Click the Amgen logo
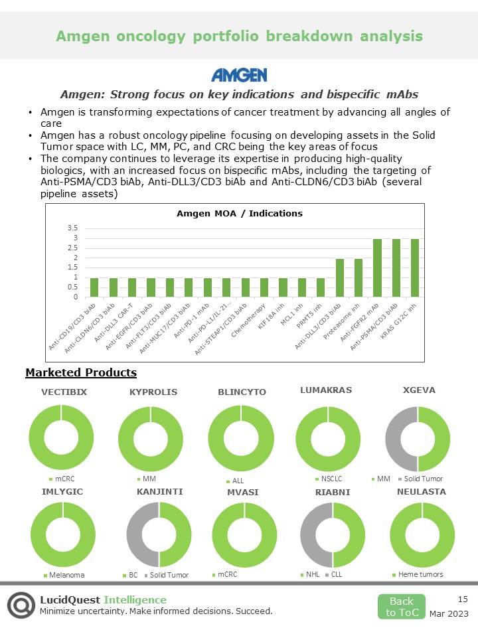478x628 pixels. click(x=238, y=74)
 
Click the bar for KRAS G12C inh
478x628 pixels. click(x=414, y=268)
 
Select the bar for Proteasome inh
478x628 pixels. click(x=358, y=278)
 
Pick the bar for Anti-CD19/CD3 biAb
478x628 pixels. click(x=94, y=287)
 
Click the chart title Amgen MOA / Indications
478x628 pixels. click(x=239, y=213)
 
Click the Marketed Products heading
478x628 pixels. click(x=81, y=372)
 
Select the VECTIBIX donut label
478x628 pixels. click(x=64, y=392)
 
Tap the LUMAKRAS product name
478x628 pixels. click(x=326, y=390)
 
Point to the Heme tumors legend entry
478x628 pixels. click(x=420, y=574)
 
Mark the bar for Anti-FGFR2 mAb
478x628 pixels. click(x=377, y=268)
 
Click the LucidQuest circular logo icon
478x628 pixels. click(x=21, y=605)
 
